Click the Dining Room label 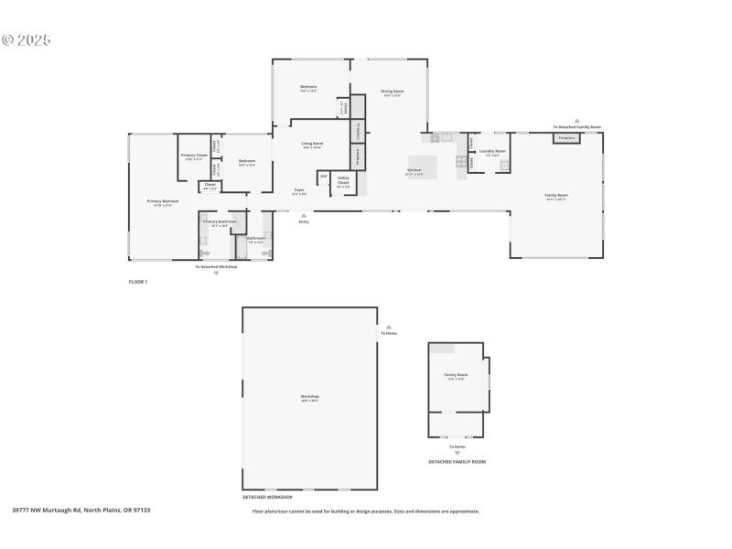(x=393, y=91)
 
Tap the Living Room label (x=312, y=144)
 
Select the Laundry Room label (x=492, y=151)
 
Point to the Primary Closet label (x=194, y=156)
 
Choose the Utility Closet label (x=343, y=180)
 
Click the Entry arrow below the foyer (x=304, y=215)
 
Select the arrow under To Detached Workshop (x=216, y=273)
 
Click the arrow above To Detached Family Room (x=577, y=120)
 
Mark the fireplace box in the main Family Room (x=566, y=138)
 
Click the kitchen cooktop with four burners (x=461, y=162)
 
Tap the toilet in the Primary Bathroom (x=204, y=252)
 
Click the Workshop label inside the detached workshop (x=309, y=397)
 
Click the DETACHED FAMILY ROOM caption (x=457, y=462)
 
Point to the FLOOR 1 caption (x=137, y=282)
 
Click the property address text (x=81, y=511)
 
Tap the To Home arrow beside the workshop (x=389, y=326)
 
